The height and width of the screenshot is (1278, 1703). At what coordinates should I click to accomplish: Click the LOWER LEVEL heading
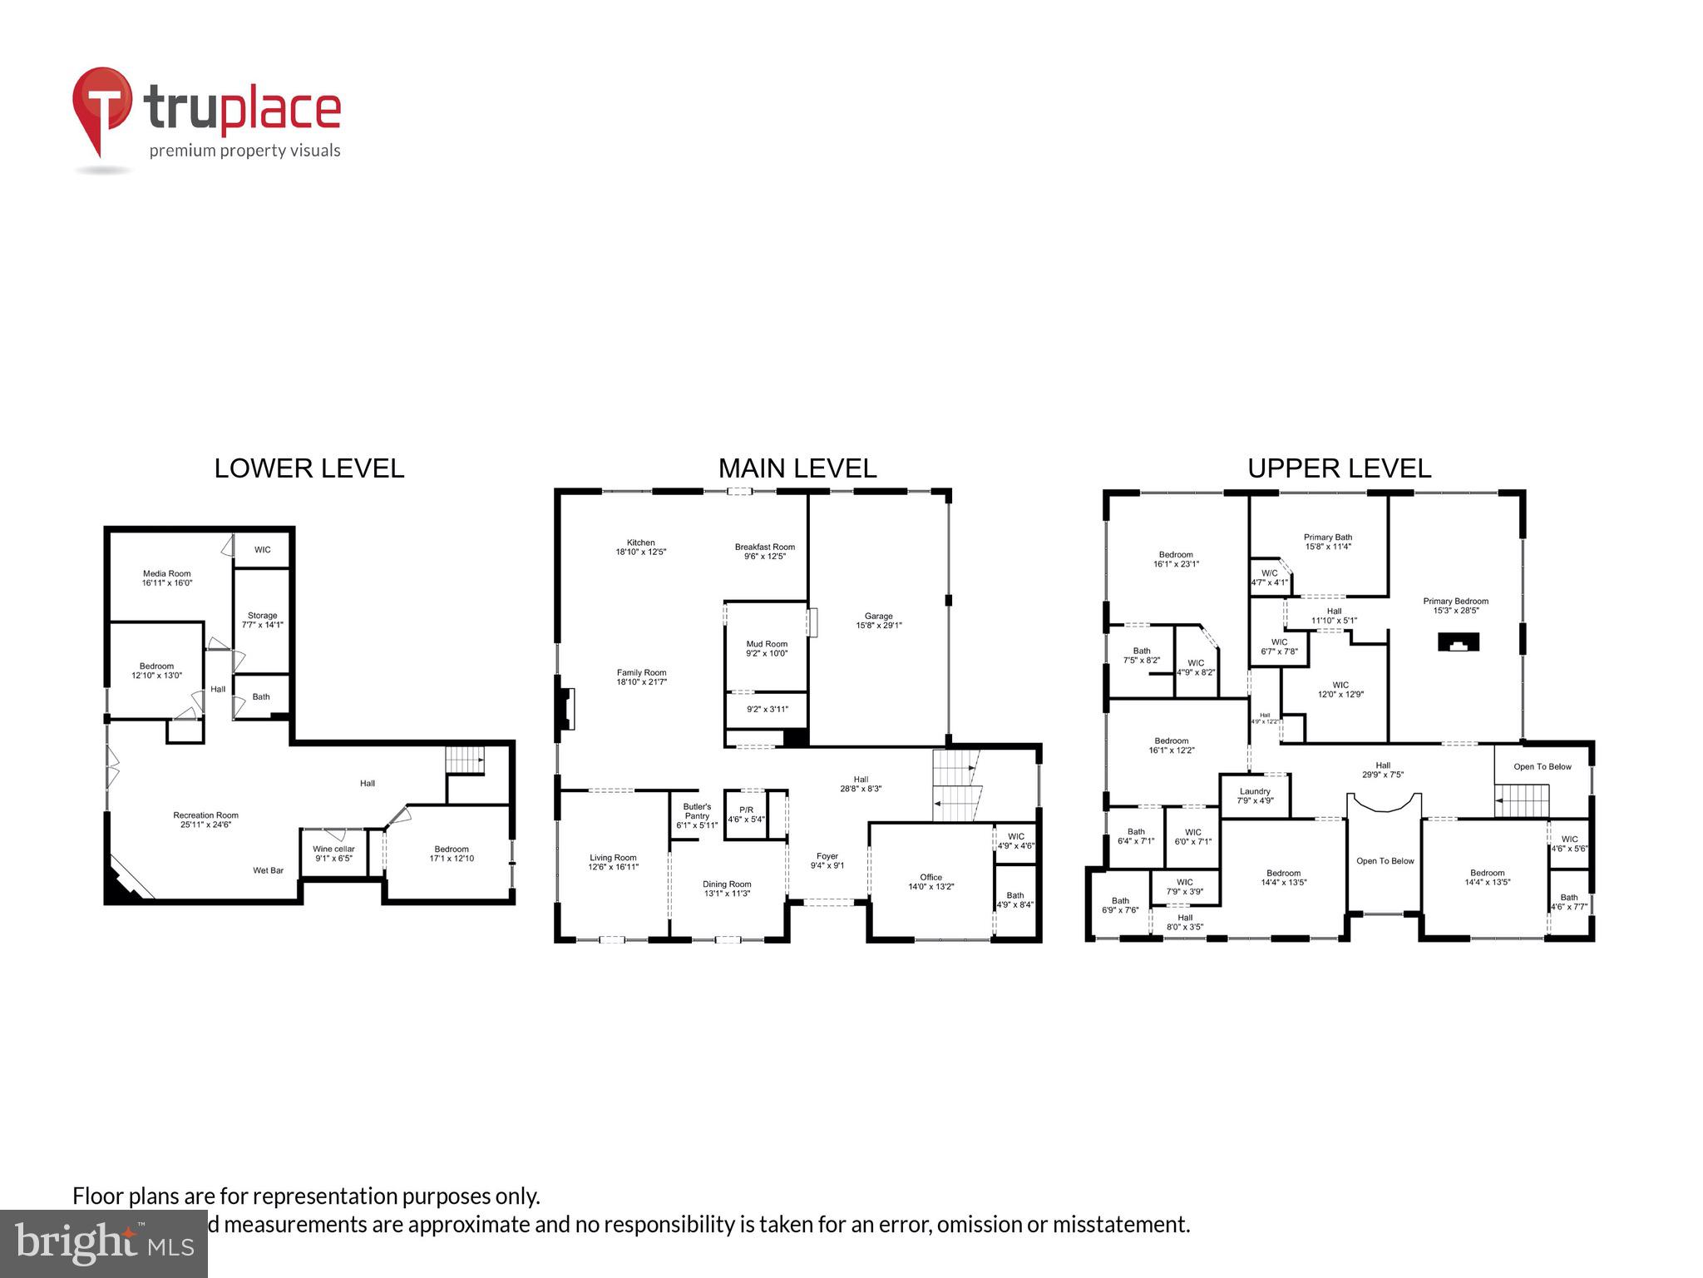click(309, 468)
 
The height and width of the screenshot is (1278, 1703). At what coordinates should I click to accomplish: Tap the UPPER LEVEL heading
click(1339, 468)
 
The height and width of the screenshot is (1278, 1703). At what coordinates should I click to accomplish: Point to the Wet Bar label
click(268, 870)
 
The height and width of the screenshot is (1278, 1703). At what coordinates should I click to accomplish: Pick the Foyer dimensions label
click(827, 865)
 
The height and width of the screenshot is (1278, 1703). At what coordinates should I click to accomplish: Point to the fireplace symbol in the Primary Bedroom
click(1459, 641)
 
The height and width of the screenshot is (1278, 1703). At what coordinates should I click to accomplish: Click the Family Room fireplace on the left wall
click(567, 708)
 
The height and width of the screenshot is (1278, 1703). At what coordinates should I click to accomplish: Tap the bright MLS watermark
click(103, 1243)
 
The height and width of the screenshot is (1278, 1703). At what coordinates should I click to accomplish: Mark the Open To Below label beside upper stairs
click(1542, 766)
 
